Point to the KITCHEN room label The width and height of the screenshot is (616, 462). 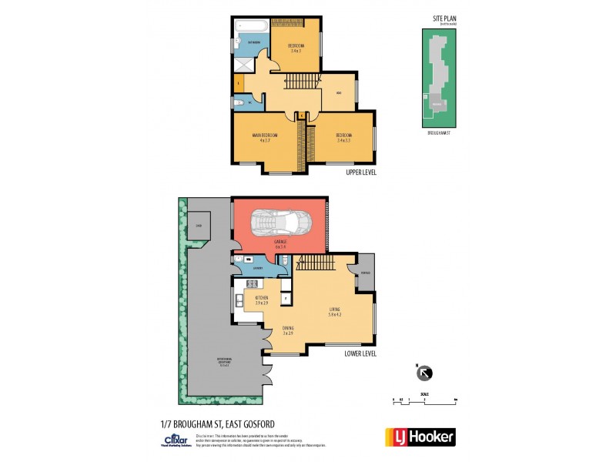click(x=261, y=300)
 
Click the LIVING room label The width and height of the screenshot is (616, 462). click(x=333, y=310)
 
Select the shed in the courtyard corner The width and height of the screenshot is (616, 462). click(x=199, y=225)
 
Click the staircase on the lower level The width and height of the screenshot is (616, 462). click(x=317, y=264)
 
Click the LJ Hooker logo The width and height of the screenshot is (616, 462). click(x=420, y=437)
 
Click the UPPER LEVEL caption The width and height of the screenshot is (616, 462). click(x=360, y=172)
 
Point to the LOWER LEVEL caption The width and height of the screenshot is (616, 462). click(x=360, y=353)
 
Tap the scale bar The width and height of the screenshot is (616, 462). click(x=424, y=400)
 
